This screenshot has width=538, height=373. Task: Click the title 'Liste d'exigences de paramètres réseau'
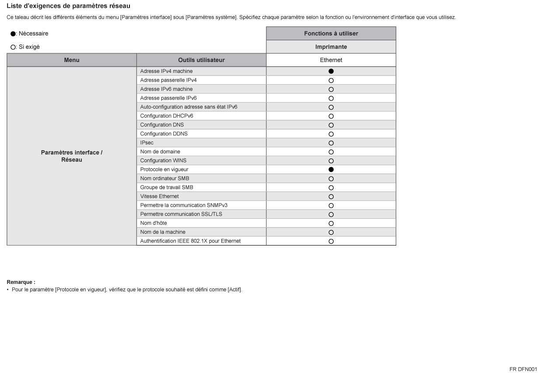(68, 6)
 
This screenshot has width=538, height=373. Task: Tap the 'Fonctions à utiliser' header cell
(331, 34)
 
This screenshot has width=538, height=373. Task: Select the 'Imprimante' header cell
(331, 47)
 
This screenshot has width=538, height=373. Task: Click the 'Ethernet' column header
(331, 60)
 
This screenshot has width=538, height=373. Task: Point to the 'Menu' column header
(72, 60)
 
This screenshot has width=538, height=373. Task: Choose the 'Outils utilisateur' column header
(201, 60)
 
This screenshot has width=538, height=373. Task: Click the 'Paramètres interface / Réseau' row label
(72, 156)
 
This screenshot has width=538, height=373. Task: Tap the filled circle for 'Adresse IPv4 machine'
(331, 71)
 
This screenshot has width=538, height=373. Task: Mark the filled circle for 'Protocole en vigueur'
(331, 169)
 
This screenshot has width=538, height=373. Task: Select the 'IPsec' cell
(147, 143)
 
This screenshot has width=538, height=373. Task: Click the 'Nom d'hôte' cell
(153, 223)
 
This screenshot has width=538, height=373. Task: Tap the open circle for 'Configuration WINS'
(331, 161)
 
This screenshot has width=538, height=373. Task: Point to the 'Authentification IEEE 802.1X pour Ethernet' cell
(190, 241)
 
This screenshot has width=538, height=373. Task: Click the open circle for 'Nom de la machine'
(331, 232)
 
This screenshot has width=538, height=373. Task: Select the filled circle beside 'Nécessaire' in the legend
(13, 34)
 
